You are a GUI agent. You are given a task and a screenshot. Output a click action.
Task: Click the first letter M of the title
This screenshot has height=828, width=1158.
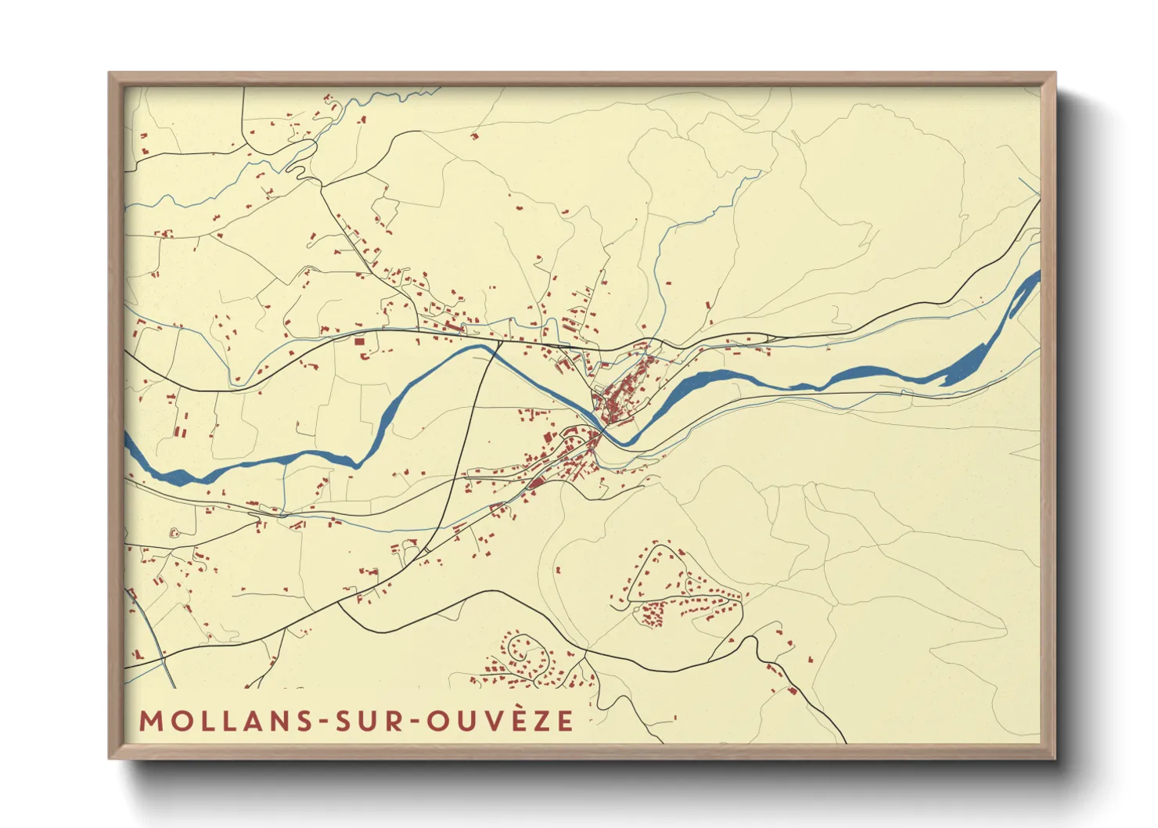[x=149, y=721]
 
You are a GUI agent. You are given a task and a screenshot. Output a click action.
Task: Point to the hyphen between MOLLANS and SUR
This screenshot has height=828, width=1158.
[x=322, y=722]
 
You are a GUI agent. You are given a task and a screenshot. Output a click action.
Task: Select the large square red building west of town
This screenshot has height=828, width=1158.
[x=360, y=341]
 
